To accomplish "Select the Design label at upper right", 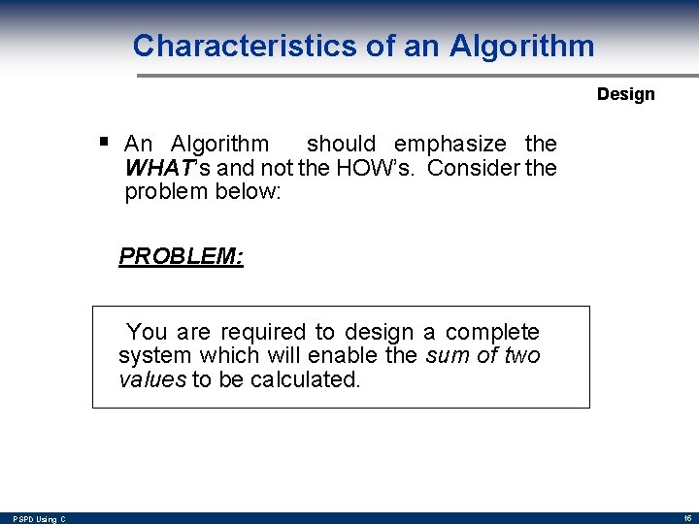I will [x=625, y=94].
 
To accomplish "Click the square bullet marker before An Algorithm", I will [x=103, y=142].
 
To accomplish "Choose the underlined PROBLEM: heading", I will [x=181, y=256].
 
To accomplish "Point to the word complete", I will [x=492, y=332].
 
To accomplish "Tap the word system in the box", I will [x=151, y=356].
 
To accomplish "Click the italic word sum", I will [x=449, y=356].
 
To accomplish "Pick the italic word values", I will [x=151, y=379].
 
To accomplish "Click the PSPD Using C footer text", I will [x=40, y=519].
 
